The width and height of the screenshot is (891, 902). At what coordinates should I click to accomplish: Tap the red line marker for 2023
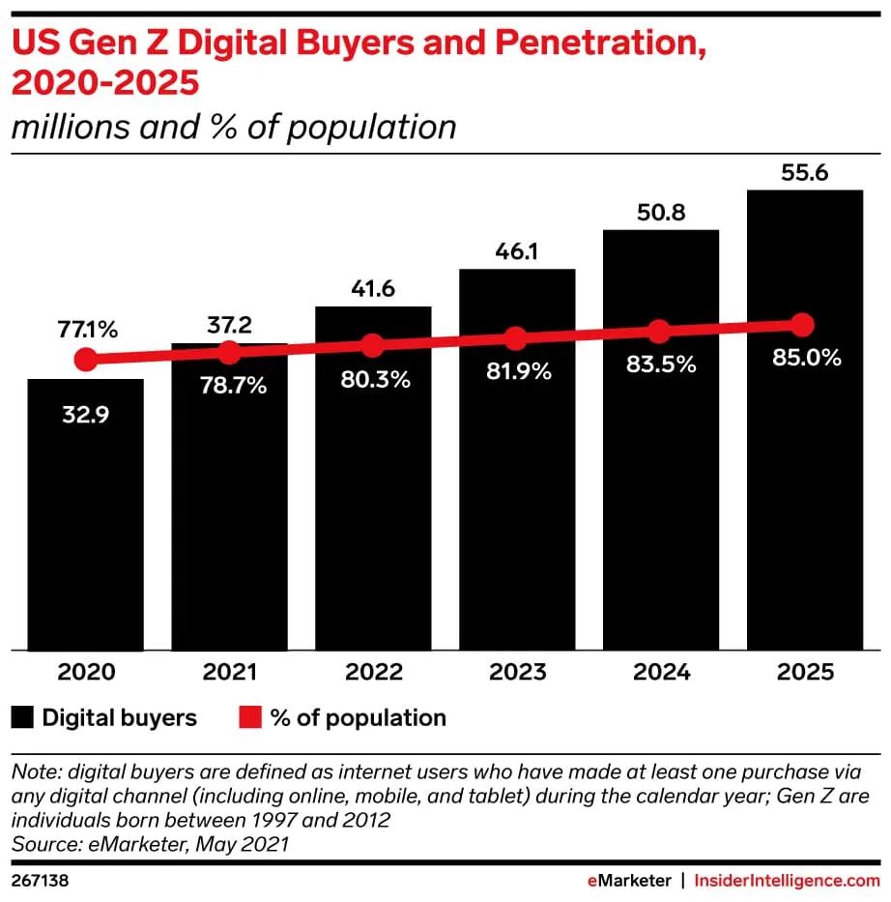pyautogui.click(x=516, y=338)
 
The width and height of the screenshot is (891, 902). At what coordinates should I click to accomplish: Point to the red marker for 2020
pyautogui.click(x=86, y=360)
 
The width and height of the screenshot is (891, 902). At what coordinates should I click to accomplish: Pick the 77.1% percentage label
pyautogui.click(x=86, y=330)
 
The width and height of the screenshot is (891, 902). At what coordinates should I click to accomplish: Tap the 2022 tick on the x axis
pyautogui.click(x=373, y=672)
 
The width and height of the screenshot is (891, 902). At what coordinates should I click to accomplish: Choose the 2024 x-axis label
pyautogui.click(x=660, y=672)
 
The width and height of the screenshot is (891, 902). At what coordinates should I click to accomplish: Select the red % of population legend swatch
pyautogui.click(x=250, y=717)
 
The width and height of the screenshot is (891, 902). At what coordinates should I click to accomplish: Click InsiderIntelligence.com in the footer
pyautogui.click(x=788, y=881)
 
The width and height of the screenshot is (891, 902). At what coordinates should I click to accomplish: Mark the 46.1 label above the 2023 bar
pyautogui.click(x=516, y=250)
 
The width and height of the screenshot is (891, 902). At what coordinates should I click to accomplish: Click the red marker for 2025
pyautogui.click(x=801, y=324)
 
